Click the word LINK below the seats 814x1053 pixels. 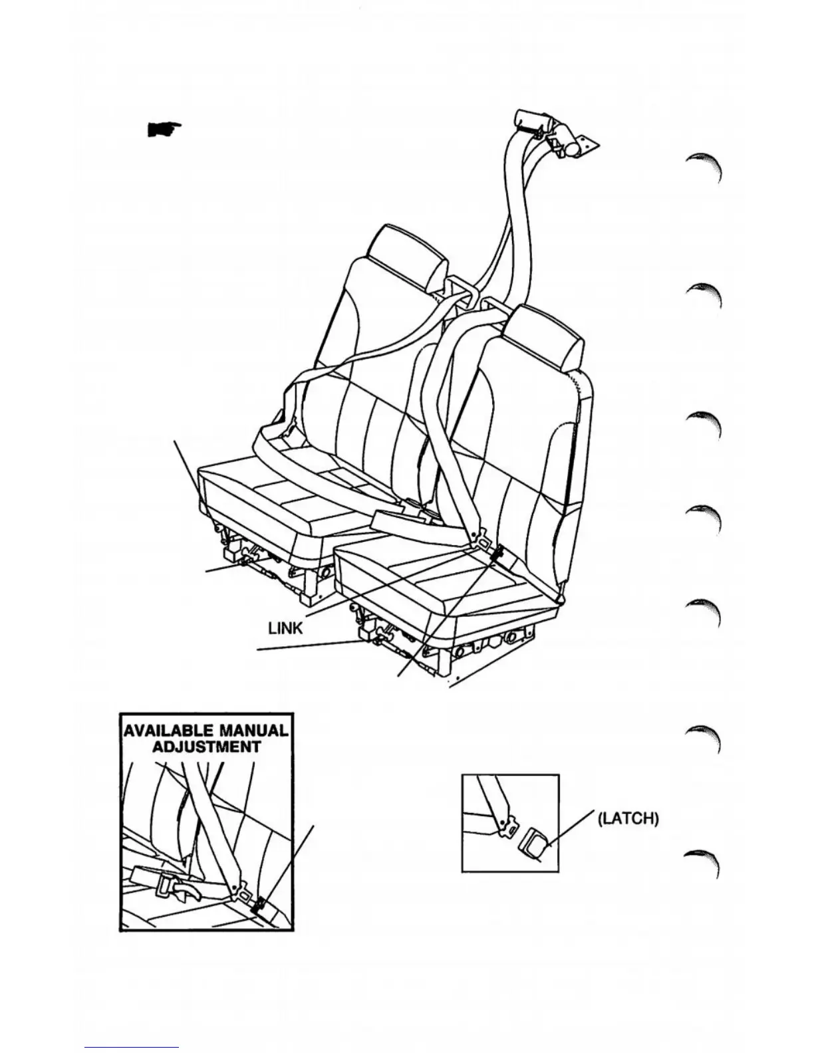(285, 627)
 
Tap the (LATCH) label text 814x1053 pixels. (628, 818)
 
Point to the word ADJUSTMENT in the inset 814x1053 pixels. (206, 746)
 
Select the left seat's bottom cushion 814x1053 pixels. (279, 489)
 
